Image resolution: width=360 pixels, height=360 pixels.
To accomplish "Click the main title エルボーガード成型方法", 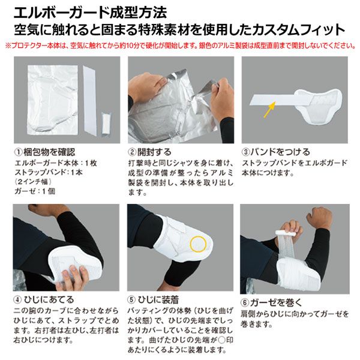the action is pos(90,13).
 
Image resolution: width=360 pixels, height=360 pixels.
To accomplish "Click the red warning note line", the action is pos(181,46).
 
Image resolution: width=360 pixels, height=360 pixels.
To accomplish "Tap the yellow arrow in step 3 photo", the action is pos(269,110).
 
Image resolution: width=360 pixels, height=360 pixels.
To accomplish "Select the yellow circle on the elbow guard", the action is pos(198,244).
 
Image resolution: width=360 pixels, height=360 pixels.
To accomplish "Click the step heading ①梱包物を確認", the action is pos(45,152).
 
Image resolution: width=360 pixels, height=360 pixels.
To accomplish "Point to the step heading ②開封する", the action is pos(150,152).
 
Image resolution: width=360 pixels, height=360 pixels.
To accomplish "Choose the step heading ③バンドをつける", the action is pos(276,152).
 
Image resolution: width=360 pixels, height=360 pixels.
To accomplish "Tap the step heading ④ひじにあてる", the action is pos(44,299).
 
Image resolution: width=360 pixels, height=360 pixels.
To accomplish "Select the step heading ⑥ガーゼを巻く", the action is pos(272,302).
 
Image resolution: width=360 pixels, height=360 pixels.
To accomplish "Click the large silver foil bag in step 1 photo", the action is pos(53,100).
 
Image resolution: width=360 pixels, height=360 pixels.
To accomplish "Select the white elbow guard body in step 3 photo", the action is pos(318,106).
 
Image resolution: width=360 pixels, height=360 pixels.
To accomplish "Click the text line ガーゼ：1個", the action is pos(35,191).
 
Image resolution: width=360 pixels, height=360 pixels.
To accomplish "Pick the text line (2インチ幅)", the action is pos(33,182).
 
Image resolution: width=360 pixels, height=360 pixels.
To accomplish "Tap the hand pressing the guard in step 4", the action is pos(76,275).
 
